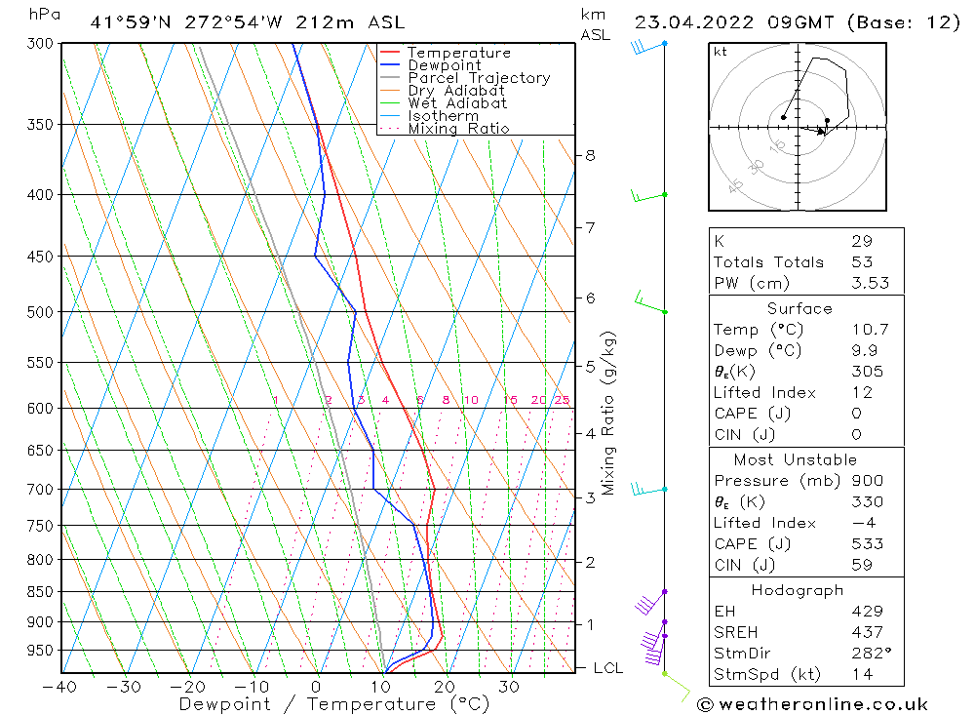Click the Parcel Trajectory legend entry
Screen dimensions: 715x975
click(479, 78)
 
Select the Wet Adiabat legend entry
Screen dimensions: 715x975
click(457, 103)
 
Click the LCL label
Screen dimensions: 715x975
click(608, 668)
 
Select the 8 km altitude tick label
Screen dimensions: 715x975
click(590, 155)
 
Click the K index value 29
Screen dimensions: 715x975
click(861, 241)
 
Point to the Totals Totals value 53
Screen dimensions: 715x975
click(861, 262)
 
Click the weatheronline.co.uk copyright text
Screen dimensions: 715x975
click(813, 704)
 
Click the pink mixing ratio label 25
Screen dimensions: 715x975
click(562, 400)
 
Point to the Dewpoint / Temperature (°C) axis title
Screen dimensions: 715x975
click(334, 704)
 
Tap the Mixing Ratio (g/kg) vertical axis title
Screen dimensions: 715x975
click(609, 413)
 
